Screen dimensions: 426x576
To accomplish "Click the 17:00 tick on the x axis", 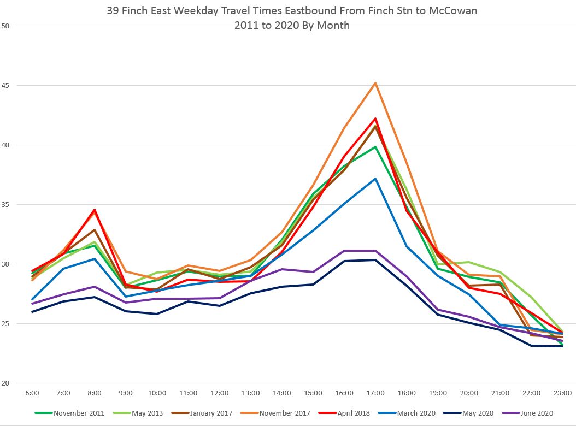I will point(375,393).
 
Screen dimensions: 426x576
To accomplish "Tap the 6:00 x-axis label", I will point(32,393).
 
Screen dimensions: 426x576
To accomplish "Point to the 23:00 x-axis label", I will point(562,393).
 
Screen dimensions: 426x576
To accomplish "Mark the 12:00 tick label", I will point(219,393).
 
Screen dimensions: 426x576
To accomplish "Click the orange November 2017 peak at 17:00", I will point(375,83).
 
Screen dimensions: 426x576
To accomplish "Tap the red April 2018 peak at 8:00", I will point(95,210).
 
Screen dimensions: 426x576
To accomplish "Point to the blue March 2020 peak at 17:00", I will point(375,179).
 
